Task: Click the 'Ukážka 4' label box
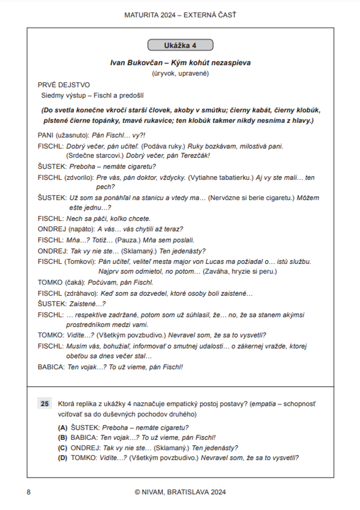[180, 45]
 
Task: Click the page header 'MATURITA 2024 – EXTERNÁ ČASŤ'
[180, 15]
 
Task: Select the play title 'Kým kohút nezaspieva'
[211, 63]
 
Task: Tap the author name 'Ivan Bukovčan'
[136, 63]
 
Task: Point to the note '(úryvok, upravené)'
[180, 73]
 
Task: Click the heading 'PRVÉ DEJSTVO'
[64, 85]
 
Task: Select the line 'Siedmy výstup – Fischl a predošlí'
[92, 95]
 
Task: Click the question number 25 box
[45, 403]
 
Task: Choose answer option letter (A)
[63, 428]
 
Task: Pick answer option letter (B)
[63, 438]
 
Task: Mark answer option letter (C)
[63, 448]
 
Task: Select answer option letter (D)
[63, 458]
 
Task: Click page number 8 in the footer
[29, 492]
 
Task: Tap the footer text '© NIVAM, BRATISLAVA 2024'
[180, 492]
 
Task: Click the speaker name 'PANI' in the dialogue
[46, 135]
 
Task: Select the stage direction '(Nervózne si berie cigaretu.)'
[251, 198]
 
